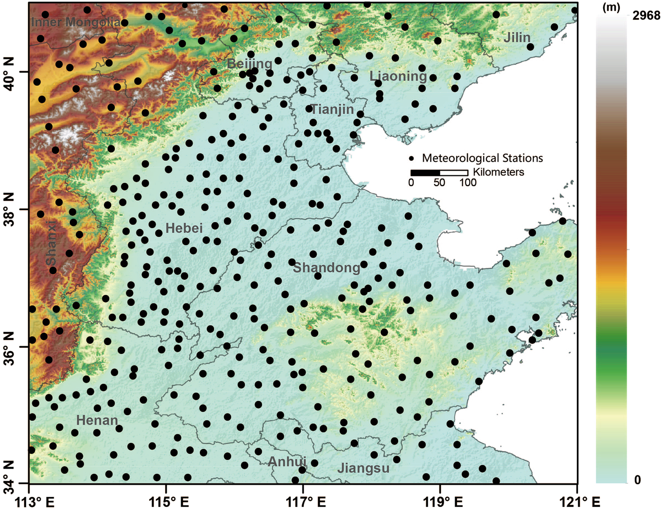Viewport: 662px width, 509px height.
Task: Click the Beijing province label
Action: pos(249,64)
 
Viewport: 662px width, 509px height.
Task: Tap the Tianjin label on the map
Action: pos(332,109)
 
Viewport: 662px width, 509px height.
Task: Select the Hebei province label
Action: pos(184,228)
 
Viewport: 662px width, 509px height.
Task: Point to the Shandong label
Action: pos(327,267)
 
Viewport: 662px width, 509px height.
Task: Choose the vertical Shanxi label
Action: pos(51,243)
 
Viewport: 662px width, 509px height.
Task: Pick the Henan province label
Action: pos(97,420)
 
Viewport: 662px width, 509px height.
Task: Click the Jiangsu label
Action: pos(363,468)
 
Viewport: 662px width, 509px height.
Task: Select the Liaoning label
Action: pos(398,76)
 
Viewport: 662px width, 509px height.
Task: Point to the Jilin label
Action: pos(517,38)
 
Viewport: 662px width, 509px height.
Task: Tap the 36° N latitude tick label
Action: pos(10,347)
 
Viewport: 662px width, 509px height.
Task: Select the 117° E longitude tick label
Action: pos(303,501)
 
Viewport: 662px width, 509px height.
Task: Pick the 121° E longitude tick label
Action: pos(577,501)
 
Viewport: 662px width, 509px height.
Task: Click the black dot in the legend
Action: pos(412,158)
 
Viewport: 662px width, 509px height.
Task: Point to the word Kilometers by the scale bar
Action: pos(498,172)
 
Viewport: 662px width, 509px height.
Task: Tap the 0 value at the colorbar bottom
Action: pos(637,480)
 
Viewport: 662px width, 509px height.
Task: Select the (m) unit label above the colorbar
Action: pos(611,7)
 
